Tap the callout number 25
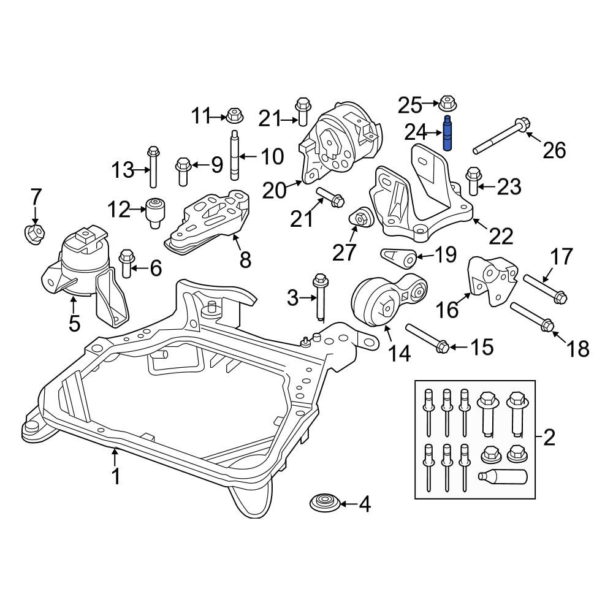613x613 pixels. (410, 105)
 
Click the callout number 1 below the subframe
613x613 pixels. (115, 476)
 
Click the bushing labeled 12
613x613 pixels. (155, 213)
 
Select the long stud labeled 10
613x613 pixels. (234, 155)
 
